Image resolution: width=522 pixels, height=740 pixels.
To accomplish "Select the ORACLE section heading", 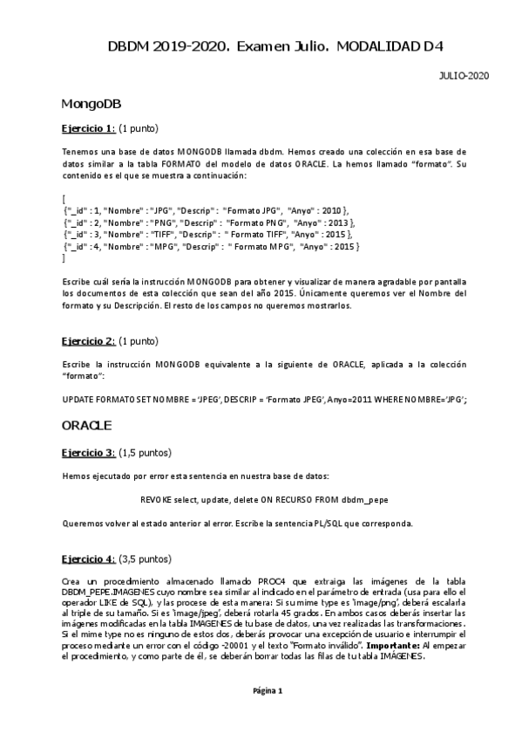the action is [x=87, y=426].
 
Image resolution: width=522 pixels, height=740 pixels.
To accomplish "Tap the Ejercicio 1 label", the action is [x=88, y=128].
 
